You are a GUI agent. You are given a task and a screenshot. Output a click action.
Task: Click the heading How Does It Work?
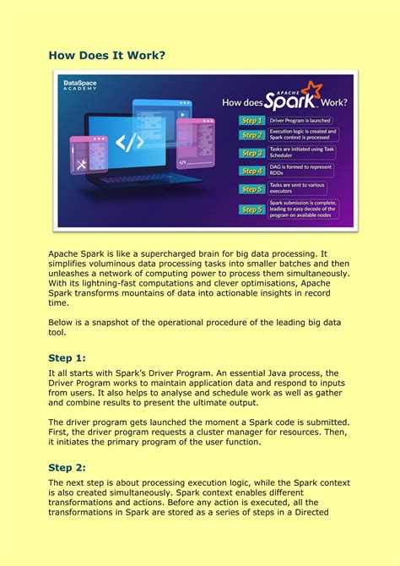106,55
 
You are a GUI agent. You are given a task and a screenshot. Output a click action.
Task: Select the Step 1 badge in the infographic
251,121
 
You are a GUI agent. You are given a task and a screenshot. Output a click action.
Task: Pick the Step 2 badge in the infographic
251,135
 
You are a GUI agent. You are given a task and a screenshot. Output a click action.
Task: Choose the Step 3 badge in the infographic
251,153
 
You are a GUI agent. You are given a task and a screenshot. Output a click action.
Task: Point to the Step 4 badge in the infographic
251,171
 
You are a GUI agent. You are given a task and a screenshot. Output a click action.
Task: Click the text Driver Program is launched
300,121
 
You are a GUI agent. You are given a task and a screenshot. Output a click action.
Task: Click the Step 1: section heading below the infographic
68,357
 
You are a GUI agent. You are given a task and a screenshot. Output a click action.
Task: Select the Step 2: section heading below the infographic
68,467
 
